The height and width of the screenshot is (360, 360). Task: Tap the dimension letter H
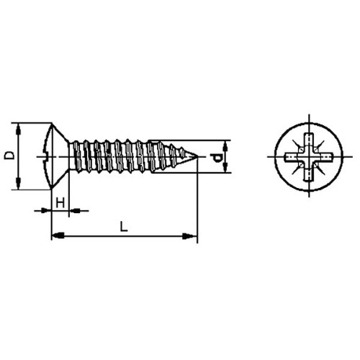click(60, 203)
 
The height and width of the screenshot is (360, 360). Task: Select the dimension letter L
click(124, 227)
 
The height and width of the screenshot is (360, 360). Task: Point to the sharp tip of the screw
click(197, 157)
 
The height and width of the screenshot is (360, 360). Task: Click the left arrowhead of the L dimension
click(58, 235)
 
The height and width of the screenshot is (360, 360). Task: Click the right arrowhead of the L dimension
click(189, 236)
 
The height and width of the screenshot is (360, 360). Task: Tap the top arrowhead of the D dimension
click(18, 130)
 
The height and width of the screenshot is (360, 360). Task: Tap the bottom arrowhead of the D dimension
click(18, 183)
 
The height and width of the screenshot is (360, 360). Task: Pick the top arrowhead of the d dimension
click(225, 146)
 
